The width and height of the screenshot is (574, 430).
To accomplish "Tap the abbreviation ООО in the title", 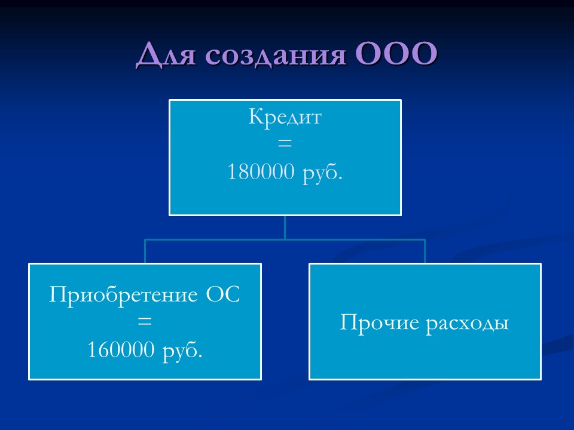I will [x=396, y=56].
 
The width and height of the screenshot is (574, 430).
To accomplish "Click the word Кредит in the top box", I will [x=285, y=117].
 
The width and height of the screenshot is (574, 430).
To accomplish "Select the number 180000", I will [x=261, y=173].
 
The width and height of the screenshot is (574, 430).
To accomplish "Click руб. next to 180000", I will [x=323, y=173].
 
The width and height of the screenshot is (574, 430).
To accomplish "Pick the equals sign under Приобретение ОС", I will [x=145, y=321].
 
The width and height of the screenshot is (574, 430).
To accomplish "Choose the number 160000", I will [x=121, y=349].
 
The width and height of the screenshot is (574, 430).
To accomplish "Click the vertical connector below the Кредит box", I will [x=285, y=227].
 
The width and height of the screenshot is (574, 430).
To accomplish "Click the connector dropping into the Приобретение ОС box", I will [x=145, y=251].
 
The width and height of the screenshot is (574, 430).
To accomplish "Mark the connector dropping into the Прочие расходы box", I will [x=425, y=251].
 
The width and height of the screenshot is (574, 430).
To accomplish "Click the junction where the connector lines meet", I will [x=285, y=239].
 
